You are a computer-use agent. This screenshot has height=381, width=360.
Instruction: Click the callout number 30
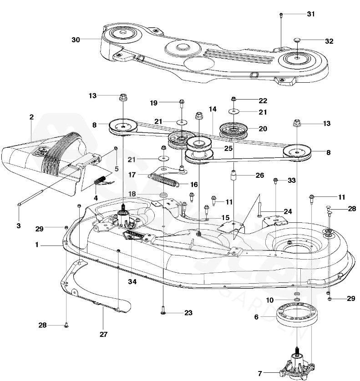pyautogui.click(x=76, y=40)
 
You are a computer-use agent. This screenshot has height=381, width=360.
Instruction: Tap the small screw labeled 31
pyautogui.click(x=280, y=15)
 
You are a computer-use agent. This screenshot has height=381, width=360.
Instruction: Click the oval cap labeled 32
pyautogui.click(x=297, y=40)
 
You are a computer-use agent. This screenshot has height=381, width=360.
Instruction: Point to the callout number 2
pyautogui.click(x=31, y=117)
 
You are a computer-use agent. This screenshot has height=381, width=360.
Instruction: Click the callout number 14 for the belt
pyautogui.click(x=212, y=110)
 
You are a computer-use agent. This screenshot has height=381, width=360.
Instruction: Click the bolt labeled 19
pyautogui.click(x=182, y=102)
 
